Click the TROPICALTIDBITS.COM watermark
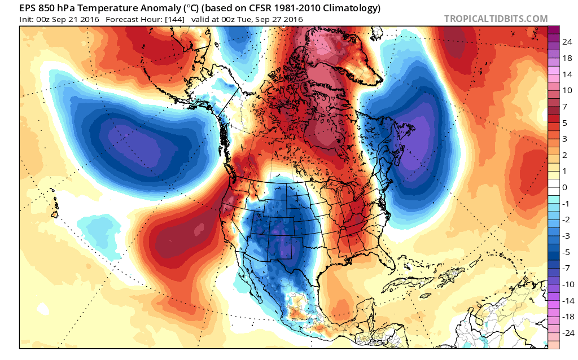click(496, 19)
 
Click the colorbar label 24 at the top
click(567, 42)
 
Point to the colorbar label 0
click(564, 187)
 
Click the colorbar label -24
click(568, 333)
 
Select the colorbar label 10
click(567, 90)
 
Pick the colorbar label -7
click(566, 268)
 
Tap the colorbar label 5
click(564, 122)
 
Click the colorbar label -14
click(568, 301)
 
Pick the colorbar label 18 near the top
click(567, 58)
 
